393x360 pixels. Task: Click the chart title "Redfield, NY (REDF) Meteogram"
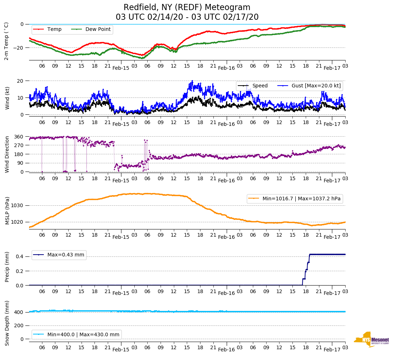(x=187, y=8)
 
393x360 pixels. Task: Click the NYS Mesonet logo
(x=371, y=340)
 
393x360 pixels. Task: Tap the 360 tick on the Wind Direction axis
(x=19, y=137)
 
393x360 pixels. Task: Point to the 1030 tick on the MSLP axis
(x=18, y=206)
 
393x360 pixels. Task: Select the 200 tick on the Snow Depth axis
(x=19, y=325)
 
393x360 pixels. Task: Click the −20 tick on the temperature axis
(x=18, y=48)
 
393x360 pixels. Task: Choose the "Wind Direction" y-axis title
(x=7, y=154)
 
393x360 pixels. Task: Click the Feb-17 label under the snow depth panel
(x=332, y=350)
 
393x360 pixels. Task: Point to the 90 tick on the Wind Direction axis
(x=20, y=163)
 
